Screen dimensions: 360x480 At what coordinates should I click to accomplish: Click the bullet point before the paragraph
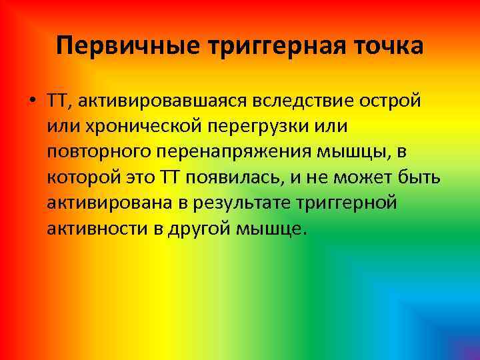point(32,101)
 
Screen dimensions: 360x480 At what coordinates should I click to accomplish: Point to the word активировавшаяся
point(164,101)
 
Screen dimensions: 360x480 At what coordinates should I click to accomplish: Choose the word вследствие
point(303,101)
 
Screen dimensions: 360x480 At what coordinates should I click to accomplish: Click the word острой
point(390,101)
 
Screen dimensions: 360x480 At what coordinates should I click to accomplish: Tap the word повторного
point(99,152)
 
